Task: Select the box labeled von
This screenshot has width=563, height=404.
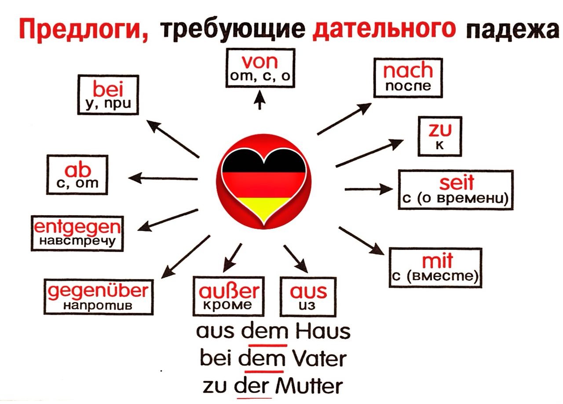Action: (x=260, y=68)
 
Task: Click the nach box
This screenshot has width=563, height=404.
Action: (x=408, y=78)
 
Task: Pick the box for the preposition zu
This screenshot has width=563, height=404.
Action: (x=440, y=136)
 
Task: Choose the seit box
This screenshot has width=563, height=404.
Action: (x=456, y=190)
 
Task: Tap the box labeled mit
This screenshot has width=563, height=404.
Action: (x=435, y=268)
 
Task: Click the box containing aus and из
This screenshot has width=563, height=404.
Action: (x=308, y=297)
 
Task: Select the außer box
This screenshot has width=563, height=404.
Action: (x=228, y=297)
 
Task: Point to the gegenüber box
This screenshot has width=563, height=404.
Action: (x=99, y=297)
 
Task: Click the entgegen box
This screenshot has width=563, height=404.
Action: (x=77, y=233)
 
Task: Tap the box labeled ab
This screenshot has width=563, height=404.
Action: (x=77, y=175)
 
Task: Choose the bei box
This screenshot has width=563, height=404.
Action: (x=108, y=95)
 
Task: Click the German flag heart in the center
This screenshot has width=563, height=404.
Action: (x=264, y=182)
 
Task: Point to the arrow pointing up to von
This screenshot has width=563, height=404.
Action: (x=260, y=100)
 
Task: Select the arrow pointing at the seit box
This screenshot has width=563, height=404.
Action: (x=369, y=189)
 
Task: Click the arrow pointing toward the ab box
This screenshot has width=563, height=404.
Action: (x=163, y=178)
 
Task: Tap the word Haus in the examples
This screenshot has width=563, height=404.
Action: (x=322, y=331)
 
